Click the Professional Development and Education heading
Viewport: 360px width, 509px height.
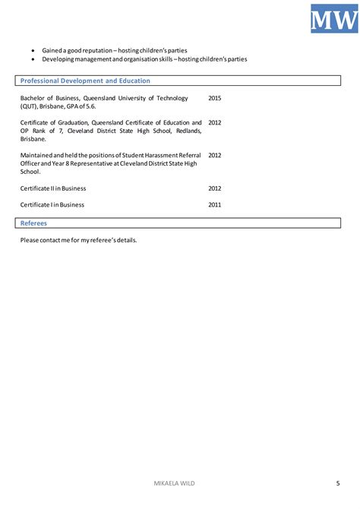click(x=85, y=81)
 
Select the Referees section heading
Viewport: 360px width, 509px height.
click(x=33, y=223)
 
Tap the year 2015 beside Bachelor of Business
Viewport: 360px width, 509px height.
click(x=215, y=98)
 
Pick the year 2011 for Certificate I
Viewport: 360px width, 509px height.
click(x=215, y=204)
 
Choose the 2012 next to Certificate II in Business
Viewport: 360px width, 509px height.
click(x=215, y=188)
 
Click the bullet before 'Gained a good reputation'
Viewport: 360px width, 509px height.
click(x=33, y=50)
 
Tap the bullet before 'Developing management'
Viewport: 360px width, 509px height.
click(x=33, y=59)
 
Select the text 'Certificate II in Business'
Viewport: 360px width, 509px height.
click(x=53, y=188)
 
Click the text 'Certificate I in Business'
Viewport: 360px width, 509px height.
click(x=52, y=204)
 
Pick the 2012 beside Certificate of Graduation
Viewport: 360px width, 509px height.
click(x=215, y=122)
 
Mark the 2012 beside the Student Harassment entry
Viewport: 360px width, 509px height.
click(x=215, y=155)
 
